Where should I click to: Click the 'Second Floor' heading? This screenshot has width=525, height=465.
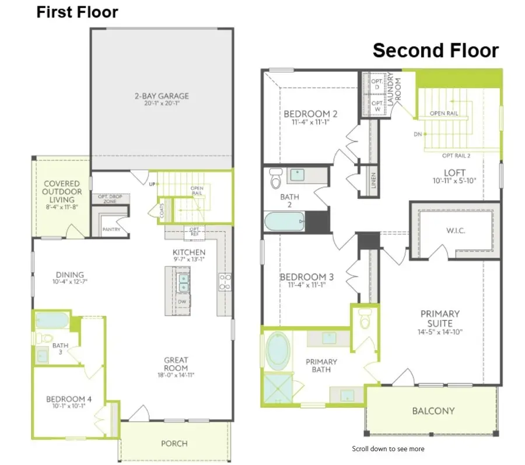pyautogui.click(x=435, y=50)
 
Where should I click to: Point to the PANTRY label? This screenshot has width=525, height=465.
pyautogui.click(x=111, y=229)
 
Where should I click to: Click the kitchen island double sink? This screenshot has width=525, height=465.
pyautogui.click(x=183, y=282)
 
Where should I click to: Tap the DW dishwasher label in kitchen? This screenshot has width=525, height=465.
pyautogui.click(x=182, y=302)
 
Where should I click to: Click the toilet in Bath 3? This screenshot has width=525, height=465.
pyautogui.click(x=44, y=338)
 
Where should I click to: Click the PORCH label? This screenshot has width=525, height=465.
pyautogui.click(x=174, y=443)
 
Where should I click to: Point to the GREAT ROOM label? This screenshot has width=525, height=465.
pyautogui.click(x=176, y=364)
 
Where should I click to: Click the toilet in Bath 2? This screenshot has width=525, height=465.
pyautogui.click(x=275, y=180)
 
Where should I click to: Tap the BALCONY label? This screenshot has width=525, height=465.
pyautogui.click(x=433, y=411)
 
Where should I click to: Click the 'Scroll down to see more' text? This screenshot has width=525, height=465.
pyautogui.click(x=388, y=449)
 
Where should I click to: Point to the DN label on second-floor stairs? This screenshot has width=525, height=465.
pyautogui.click(x=418, y=134)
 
